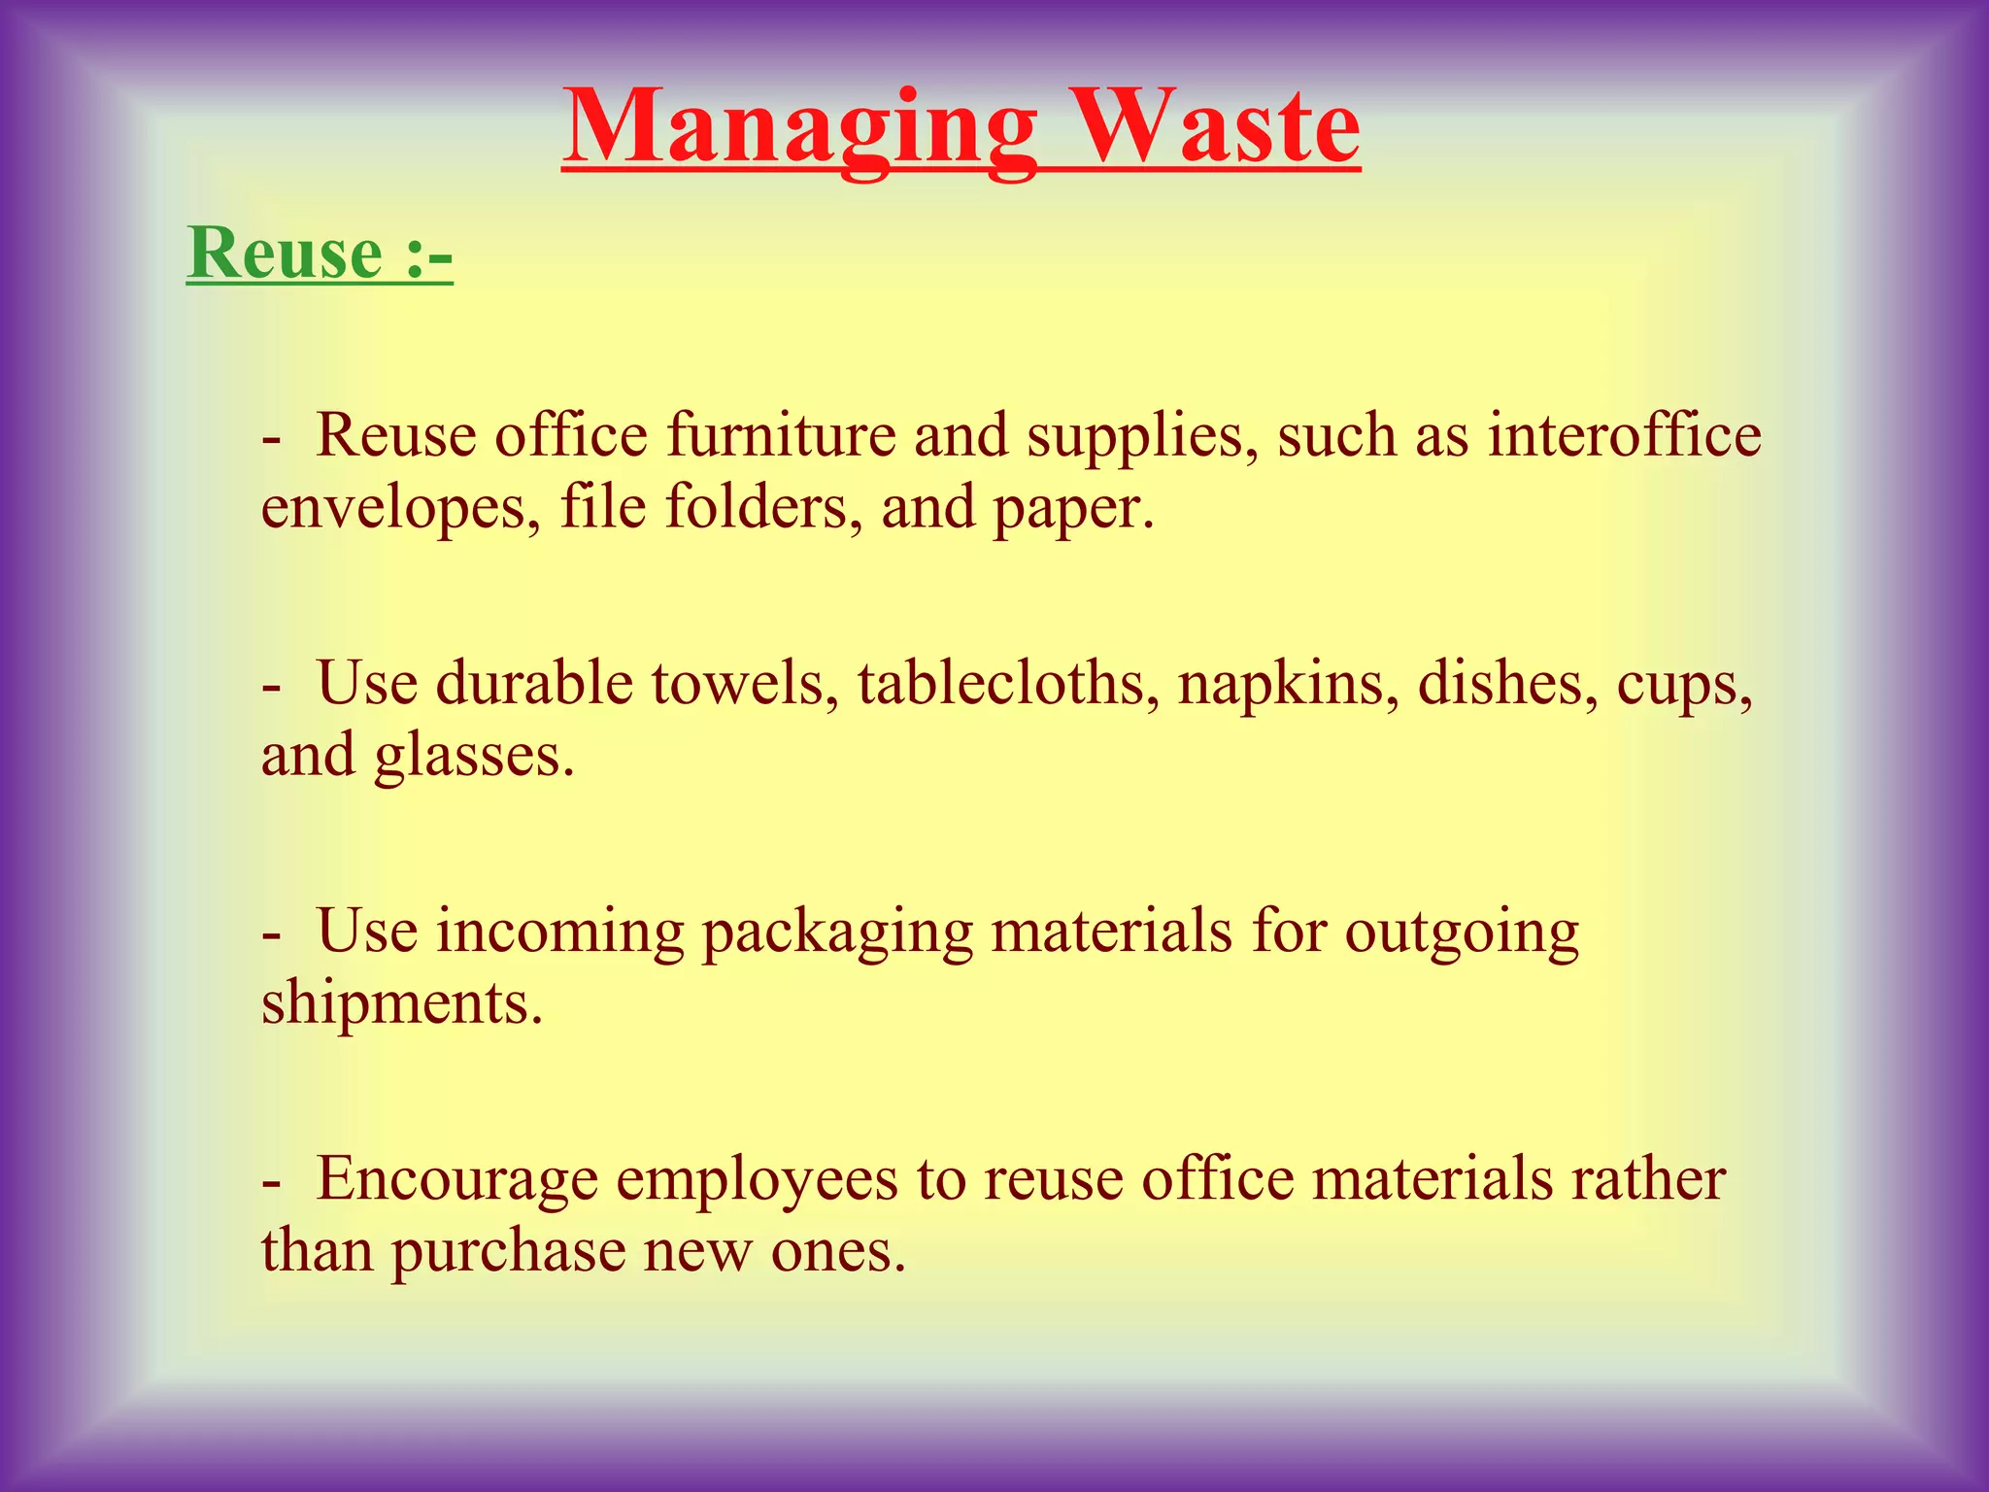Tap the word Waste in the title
(1218, 128)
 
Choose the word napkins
(1289, 684)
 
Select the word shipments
(401, 1002)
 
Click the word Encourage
(456, 1180)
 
